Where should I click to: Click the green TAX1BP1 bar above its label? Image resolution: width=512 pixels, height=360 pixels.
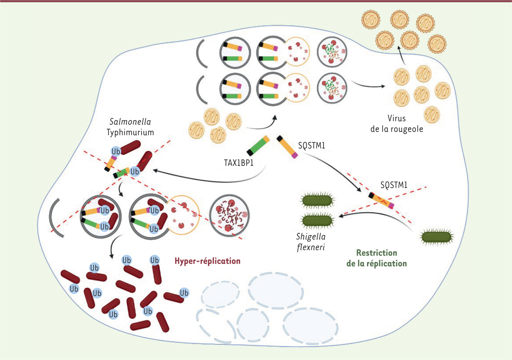(258, 145)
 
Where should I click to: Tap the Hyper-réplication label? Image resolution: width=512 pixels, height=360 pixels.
(207, 260)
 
